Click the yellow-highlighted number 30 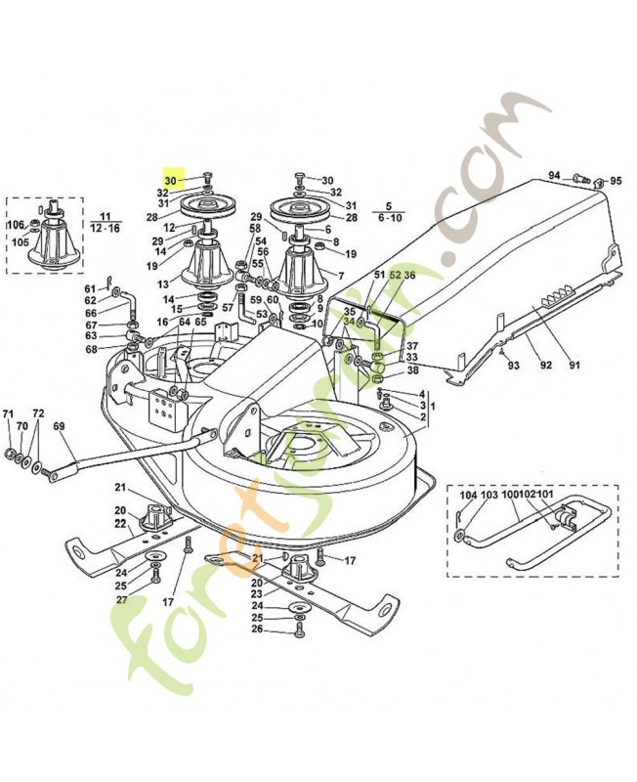point(171,181)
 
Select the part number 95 point(616,181)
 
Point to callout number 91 point(574,366)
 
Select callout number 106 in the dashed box point(17,225)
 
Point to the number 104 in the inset point(468,497)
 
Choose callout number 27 point(121,600)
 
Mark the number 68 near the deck point(91,350)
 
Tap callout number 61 point(90,288)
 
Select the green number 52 point(396,276)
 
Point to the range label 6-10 point(389,219)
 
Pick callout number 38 point(412,370)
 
